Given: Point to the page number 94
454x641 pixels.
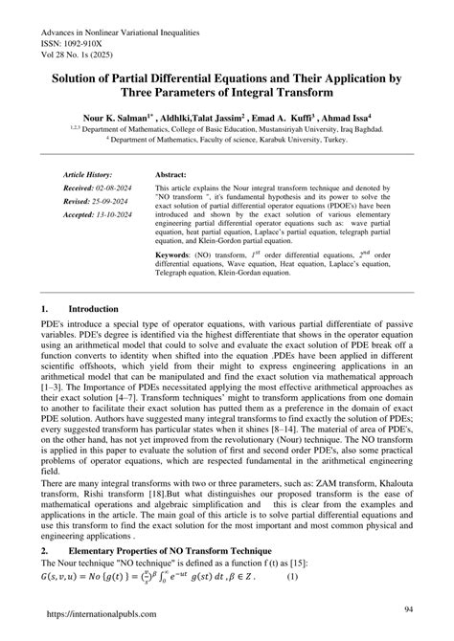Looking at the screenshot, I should click(x=408, y=608).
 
